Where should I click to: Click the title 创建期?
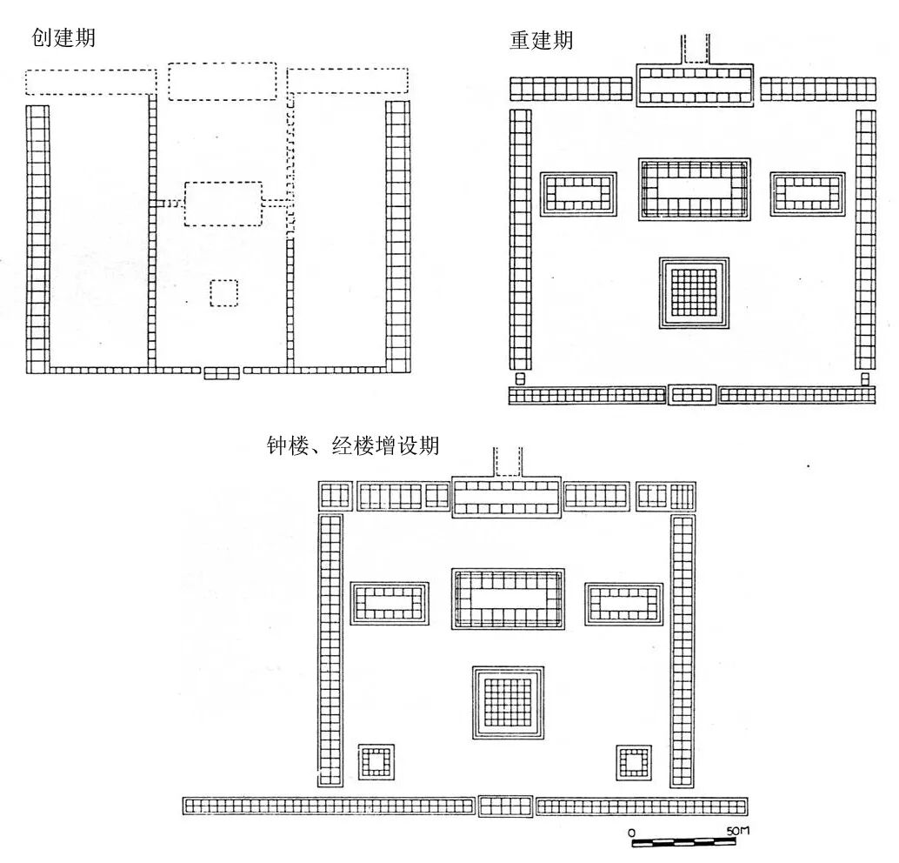click(63, 38)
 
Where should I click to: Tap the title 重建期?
click(541, 41)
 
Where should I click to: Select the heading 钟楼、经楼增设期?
click(353, 446)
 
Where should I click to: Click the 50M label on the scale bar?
click(737, 831)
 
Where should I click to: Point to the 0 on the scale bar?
click(631, 833)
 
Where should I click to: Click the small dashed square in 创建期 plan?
click(223, 293)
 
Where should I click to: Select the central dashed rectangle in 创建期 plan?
click(223, 204)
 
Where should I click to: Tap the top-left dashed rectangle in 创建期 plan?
click(90, 81)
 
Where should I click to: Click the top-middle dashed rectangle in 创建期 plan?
click(223, 81)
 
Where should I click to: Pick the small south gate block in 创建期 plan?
click(222, 372)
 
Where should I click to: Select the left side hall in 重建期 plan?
click(578, 193)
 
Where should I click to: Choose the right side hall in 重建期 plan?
click(808, 193)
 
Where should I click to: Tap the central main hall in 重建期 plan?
click(694, 189)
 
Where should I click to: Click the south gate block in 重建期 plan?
click(692, 395)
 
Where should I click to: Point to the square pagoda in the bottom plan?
click(508, 702)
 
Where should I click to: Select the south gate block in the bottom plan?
click(505, 806)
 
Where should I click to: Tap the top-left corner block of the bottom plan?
click(335, 496)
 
